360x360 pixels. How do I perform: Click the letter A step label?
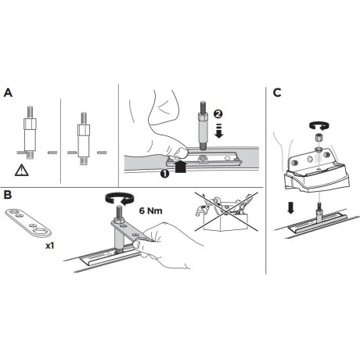point(8,93)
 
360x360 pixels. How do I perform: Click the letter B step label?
point(8,195)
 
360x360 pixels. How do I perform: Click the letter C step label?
point(277,93)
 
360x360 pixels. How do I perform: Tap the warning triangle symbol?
point(22,171)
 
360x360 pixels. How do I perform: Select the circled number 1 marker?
point(165,174)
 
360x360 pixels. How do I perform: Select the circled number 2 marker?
point(218,113)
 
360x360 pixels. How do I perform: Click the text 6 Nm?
point(150,211)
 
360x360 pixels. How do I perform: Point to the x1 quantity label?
point(50,246)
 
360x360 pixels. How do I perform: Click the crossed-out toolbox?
point(226,212)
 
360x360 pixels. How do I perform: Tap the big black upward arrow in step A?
point(181,167)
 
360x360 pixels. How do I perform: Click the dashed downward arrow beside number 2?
point(218,131)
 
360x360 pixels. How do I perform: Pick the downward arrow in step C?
point(290,207)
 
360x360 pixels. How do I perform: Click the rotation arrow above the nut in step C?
point(318,125)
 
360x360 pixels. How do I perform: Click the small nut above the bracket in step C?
point(318,137)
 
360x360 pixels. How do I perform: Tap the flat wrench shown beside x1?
point(28,222)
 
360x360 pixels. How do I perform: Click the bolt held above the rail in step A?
point(203,125)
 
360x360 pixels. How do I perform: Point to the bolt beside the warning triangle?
point(30,132)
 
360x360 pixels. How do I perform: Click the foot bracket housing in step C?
point(316,172)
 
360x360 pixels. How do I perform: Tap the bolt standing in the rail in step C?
point(319,212)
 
